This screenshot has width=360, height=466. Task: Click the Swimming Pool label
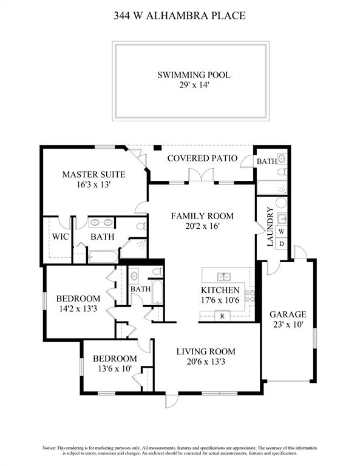(x=194, y=75)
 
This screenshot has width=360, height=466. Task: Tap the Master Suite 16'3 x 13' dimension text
(x=93, y=184)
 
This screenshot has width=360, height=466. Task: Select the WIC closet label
(x=60, y=237)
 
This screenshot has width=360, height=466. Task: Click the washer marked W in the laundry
(x=282, y=231)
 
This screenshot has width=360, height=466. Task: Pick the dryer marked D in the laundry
(x=282, y=244)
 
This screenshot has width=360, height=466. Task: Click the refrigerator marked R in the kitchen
(x=222, y=316)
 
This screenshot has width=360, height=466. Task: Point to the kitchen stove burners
(x=250, y=296)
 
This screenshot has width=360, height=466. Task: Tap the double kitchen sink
(x=223, y=277)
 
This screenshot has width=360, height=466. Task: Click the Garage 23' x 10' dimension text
(x=288, y=324)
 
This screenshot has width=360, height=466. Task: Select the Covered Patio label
(x=202, y=158)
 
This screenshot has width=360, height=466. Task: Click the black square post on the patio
(x=157, y=147)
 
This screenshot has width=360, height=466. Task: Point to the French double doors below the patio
(x=202, y=175)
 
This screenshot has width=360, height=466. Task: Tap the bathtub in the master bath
(x=103, y=257)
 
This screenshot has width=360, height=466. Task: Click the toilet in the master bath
(x=141, y=226)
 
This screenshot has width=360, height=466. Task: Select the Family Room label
(x=202, y=216)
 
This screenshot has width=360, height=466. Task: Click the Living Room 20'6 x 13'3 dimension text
(x=206, y=362)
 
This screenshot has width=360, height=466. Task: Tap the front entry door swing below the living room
(x=172, y=401)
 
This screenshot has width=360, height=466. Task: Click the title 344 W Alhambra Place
(x=180, y=15)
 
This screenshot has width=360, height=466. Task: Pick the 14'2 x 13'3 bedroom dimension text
(x=78, y=309)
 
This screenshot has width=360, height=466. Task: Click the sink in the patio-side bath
(x=282, y=158)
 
